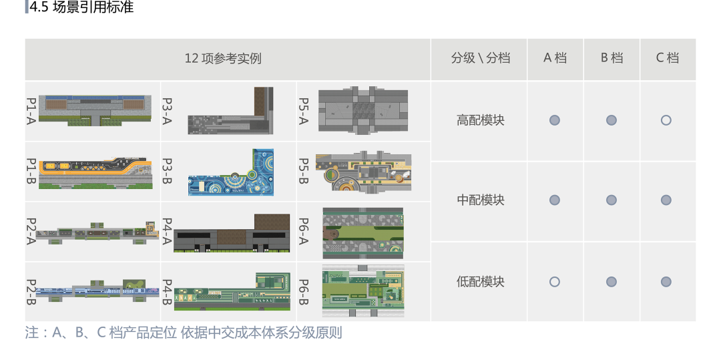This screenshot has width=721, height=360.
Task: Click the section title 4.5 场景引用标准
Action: (81, 8)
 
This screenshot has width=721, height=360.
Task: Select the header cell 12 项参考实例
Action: (223, 58)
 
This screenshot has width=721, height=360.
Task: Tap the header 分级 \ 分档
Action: (480, 58)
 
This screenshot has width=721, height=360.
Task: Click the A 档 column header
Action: (555, 58)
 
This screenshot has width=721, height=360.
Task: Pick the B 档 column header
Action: (612, 58)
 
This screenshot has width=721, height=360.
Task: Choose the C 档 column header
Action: (668, 58)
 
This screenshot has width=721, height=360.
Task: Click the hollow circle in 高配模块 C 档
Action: (666, 120)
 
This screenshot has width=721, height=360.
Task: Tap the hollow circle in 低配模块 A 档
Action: (555, 282)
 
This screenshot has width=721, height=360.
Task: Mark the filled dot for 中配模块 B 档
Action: (612, 200)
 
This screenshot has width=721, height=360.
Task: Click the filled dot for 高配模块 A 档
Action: (555, 120)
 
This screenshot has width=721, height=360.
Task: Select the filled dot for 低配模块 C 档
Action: (666, 282)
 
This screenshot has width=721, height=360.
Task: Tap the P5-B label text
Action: (303, 172)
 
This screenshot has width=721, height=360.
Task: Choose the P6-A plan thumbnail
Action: (363, 232)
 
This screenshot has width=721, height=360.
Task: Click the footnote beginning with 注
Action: (183, 333)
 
